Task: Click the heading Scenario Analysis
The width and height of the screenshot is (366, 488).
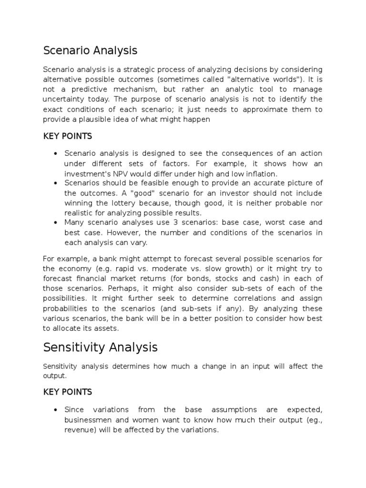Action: pyautogui.click(x=90, y=50)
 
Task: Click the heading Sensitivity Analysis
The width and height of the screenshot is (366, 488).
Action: pyautogui.click(x=100, y=347)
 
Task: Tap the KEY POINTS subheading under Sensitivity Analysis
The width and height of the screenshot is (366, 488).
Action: pyautogui.click(x=67, y=392)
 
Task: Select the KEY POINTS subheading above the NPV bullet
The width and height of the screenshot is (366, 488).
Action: pyautogui.click(x=67, y=136)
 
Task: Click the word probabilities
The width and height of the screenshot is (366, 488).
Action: pyautogui.click(x=67, y=308)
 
